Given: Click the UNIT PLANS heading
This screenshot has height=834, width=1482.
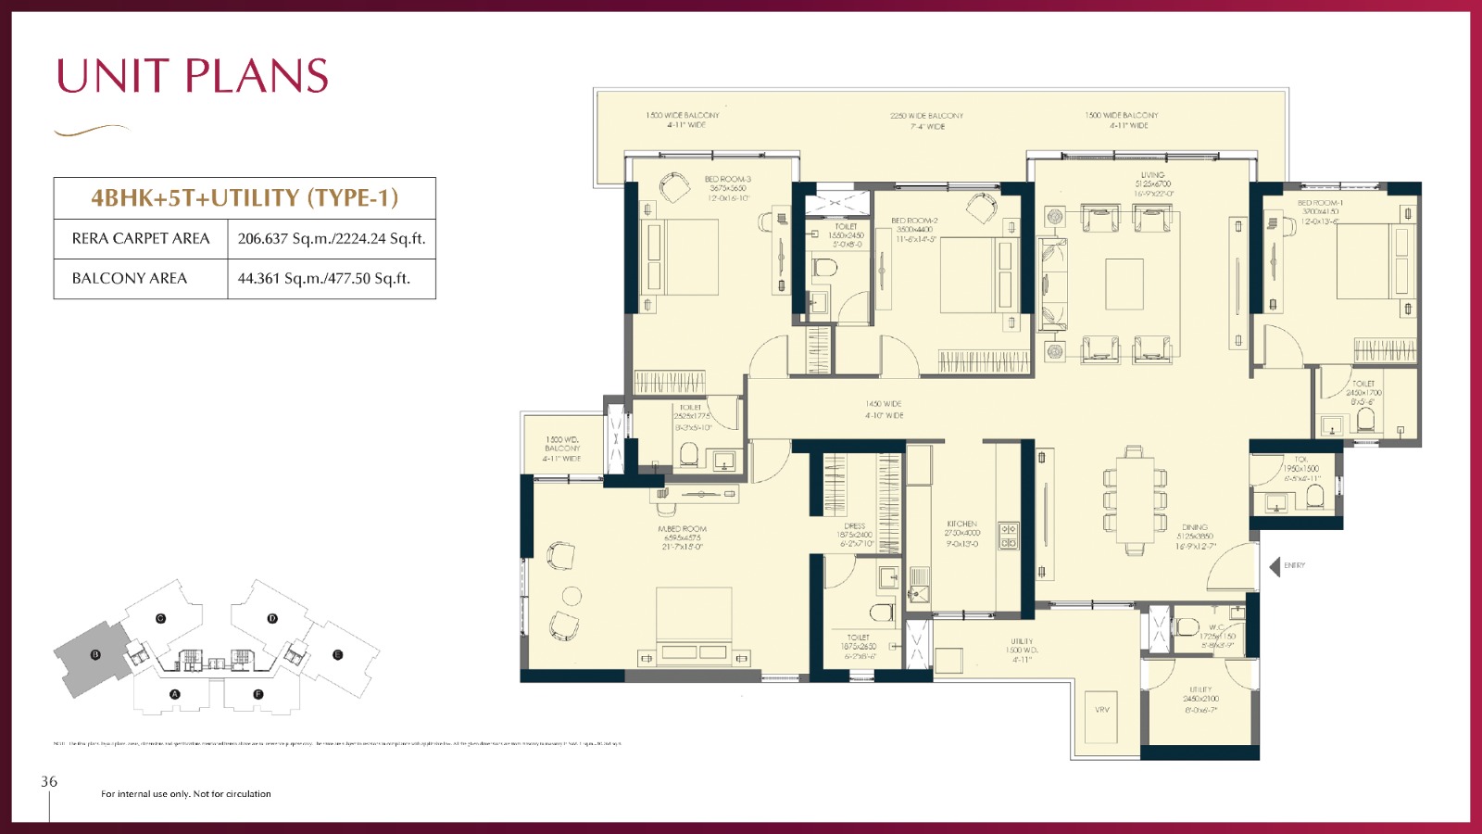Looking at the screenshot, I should [x=193, y=76].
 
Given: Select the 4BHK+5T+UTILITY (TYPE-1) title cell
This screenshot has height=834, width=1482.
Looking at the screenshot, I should [x=245, y=197].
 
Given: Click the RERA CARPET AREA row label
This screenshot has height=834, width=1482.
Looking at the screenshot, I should [x=141, y=238].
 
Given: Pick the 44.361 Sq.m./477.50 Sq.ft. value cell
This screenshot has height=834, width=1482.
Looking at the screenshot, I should [x=324, y=278].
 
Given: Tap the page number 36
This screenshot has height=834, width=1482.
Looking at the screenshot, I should [x=49, y=781].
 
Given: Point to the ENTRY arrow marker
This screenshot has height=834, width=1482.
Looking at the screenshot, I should [x=1275, y=565].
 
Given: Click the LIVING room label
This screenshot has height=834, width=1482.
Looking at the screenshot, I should [x=1153, y=175].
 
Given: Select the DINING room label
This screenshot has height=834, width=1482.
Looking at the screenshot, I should [x=1194, y=527].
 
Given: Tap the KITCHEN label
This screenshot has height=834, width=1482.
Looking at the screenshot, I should [x=961, y=524].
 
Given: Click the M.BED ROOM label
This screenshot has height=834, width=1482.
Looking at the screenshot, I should [x=682, y=529].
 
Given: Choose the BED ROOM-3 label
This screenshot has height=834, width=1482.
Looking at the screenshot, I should [x=727, y=179].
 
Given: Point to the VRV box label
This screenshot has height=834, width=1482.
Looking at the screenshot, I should [x=1101, y=710].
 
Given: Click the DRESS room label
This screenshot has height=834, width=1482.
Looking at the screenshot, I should [x=854, y=526].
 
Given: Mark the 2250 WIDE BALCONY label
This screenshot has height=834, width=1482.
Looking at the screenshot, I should [x=926, y=116].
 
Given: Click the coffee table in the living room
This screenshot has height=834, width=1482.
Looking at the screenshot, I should [x=1124, y=284].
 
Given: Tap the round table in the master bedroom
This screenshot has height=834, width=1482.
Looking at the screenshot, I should [x=571, y=596].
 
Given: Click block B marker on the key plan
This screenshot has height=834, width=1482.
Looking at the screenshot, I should [x=95, y=654].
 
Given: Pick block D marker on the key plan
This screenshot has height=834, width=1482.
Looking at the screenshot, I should [x=272, y=618].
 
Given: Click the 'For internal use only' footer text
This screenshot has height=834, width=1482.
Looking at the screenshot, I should [x=185, y=794].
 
